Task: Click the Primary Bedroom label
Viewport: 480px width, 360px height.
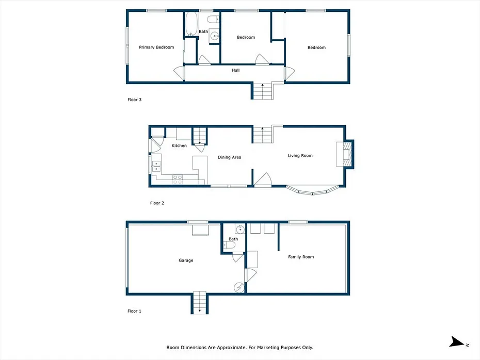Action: [x=156, y=47]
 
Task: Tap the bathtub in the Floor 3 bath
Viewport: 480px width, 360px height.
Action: [x=191, y=24]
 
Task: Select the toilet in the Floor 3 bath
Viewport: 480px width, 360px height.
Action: [x=213, y=19]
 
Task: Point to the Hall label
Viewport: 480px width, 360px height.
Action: [x=236, y=70]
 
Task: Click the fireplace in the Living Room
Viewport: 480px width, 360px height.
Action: [x=345, y=154]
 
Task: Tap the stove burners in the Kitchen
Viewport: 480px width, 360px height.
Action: [x=178, y=179]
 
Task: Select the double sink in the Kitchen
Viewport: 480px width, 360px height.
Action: [x=156, y=167]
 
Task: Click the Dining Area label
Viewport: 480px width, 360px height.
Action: [x=229, y=157]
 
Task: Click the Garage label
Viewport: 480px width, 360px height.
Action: [x=186, y=260]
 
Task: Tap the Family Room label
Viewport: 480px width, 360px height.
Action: [x=301, y=257]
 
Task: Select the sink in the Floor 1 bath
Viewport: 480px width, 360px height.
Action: [x=240, y=228]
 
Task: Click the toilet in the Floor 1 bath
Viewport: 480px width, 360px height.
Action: [x=229, y=244]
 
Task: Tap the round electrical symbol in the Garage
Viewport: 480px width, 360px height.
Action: [x=239, y=288]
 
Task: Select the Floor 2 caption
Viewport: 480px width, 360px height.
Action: [x=157, y=203]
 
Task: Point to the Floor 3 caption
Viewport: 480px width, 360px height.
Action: [x=134, y=100]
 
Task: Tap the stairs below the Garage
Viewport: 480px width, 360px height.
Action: [x=200, y=302]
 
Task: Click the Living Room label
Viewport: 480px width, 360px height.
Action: [x=300, y=156]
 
